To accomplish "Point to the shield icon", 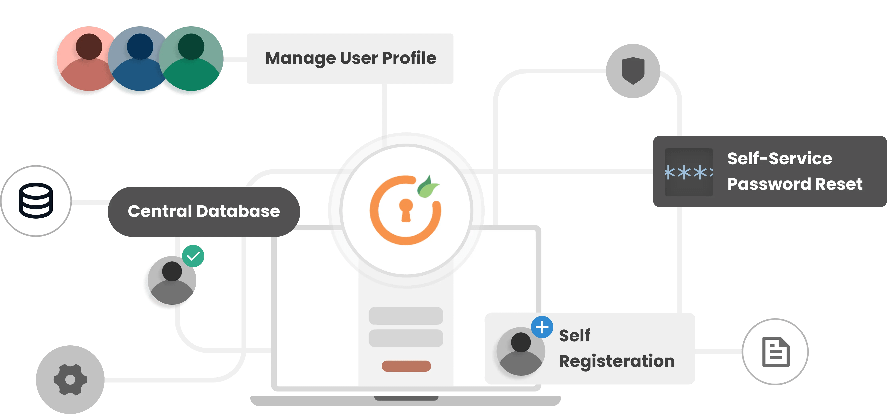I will pyautogui.click(x=633, y=71).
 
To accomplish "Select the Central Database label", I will pyautogui.click(x=204, y=211).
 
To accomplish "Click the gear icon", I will pyautogui.click(x=70, y=379).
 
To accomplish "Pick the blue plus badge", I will pyautogui.click(x=542, y=327).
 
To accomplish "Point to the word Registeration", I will pyautogui.click(x=616, y=361).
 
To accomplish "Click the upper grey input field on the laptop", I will pyautogui.click(x=406, y=315).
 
